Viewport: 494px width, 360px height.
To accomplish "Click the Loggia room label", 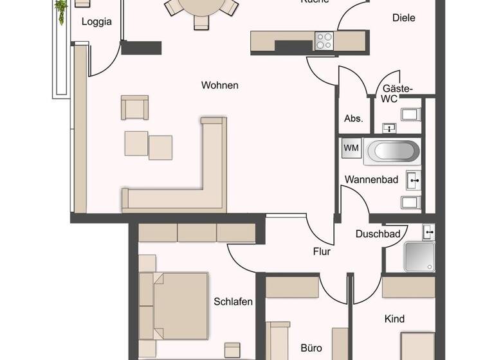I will (x=96, y=22).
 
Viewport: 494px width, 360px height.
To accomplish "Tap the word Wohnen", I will (x=219, y=85).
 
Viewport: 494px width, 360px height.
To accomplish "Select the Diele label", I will (x=403, y=18).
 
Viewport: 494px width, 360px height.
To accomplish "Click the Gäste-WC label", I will (x=398, y=94).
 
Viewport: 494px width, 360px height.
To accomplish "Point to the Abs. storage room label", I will (x=353, y=118).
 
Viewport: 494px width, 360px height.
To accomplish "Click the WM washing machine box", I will (x=351, y=148).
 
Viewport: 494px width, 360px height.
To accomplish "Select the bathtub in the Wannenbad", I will (x=392, y=152).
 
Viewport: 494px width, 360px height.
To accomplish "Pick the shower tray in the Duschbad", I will (x=419, y=256).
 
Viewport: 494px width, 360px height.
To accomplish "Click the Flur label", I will (x=322, y=251).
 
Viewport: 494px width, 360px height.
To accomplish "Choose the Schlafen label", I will (x=233, y=301).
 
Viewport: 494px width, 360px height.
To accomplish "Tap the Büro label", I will (x=311, y=348).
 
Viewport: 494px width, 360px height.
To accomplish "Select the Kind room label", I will (x=394, y=319).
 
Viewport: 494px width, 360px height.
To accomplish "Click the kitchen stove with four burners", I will (x=324, y=41).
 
